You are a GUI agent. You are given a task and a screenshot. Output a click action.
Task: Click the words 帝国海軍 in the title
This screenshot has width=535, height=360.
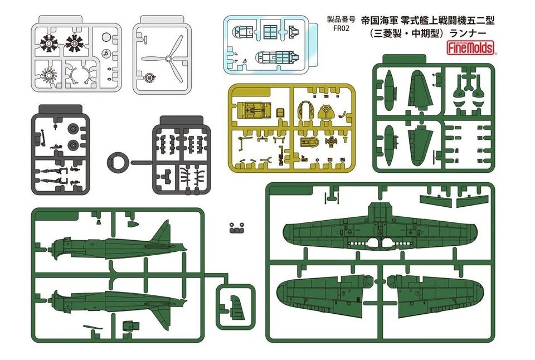379,21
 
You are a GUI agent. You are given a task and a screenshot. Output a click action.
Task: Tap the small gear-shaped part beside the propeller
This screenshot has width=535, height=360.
149,79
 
